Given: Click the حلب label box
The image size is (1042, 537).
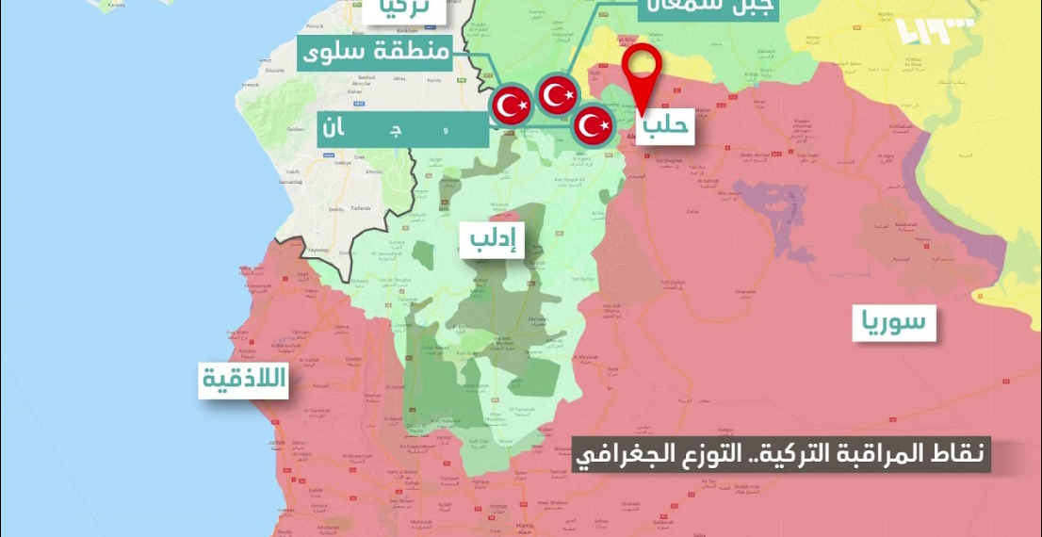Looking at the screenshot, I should pyautogui.click(x=667, y=125).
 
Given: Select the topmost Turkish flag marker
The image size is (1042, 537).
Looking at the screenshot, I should pyautogui.click(x=558, y=94).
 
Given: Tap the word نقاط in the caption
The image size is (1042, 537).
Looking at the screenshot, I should pyautogui.click(x=955, y=456).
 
